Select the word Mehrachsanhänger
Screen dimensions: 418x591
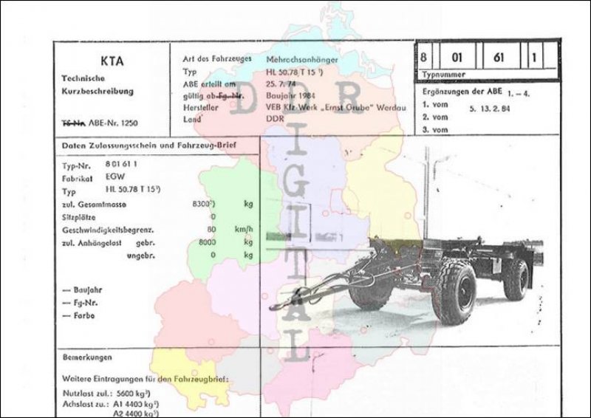(x=303, y=58)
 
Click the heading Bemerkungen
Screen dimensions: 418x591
(x=87, y=358)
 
